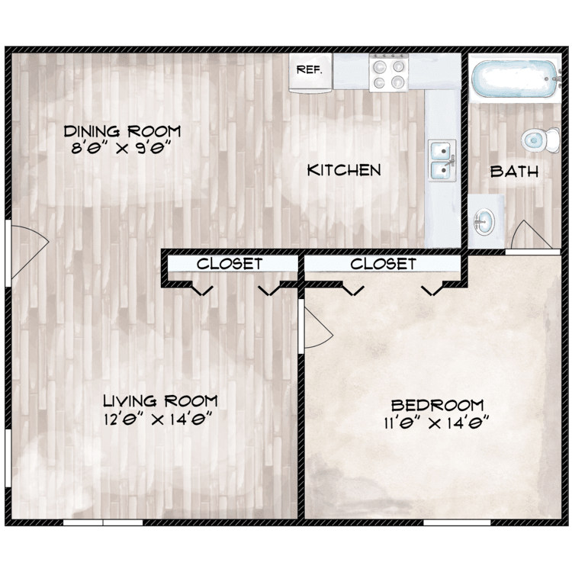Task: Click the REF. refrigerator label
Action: point(310,69)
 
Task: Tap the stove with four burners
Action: point(388,72)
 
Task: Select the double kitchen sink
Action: point(442,160)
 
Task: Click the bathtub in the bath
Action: point(515,79)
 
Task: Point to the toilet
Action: point(540,140)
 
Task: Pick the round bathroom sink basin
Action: point(484,221)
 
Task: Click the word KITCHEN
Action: point(344,170)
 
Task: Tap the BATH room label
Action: point(514,171)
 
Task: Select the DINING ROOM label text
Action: point(122,131)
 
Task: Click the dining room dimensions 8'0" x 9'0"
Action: point(121,148)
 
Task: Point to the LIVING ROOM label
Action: point(160,401)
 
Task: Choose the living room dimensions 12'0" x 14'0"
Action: point(158,419)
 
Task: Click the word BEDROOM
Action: point(438,405)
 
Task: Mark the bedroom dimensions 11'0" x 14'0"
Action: point(436,423)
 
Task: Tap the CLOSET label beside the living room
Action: point(230,263)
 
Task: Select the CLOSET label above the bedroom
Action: point(384,263)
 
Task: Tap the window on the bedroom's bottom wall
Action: point(457,522)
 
